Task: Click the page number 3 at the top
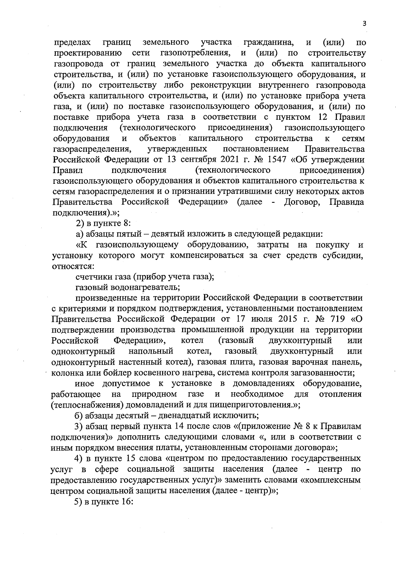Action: [x=364, y=23]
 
